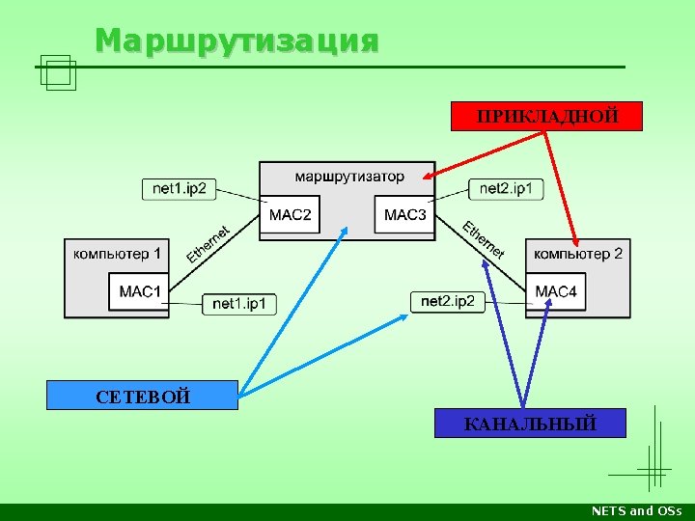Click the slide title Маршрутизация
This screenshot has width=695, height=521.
[236, 41]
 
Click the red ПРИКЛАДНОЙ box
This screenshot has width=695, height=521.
[547, 116]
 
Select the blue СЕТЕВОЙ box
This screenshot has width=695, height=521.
[142, 396]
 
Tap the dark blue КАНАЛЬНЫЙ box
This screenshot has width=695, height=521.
[530, 423]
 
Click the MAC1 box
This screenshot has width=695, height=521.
[140, 290]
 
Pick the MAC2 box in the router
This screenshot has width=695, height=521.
[290, 214]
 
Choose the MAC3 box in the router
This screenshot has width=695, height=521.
[404, 214]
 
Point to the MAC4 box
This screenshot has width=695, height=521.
[556, 290]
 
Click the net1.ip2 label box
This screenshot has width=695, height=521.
[180, 188]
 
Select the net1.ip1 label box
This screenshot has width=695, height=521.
[239, 304]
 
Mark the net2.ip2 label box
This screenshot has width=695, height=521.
[449, 301]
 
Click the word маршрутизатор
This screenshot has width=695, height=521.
[349, 177]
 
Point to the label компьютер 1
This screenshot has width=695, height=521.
[117, 254]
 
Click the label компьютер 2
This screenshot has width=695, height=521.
[577, 254]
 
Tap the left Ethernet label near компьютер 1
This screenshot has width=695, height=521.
[208, 243]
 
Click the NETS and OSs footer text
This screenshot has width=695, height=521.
[636, 511]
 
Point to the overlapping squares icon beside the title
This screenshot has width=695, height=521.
[58, 71]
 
